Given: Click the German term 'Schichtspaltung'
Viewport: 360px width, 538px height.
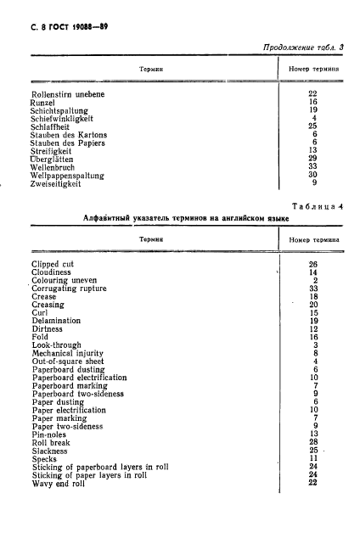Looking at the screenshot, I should click(x=58, y=109).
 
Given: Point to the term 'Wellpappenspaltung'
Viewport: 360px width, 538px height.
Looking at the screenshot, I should click(x=65, y=174).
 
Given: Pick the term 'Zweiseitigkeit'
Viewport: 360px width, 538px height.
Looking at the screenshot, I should click(x=55, y=182).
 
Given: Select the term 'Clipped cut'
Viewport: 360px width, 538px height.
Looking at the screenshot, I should click(x=53, y=264).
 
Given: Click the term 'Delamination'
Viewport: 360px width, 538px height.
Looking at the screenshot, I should click(x=56, y=321).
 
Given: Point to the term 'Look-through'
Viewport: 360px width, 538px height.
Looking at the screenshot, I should click(x=56, y=345).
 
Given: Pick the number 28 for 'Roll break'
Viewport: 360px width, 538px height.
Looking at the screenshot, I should click(x=313, y=442).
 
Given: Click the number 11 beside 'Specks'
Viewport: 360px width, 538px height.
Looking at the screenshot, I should click(x=313, y=458).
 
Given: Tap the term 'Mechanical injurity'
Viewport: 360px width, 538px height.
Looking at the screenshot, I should click(x=68, y=353).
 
